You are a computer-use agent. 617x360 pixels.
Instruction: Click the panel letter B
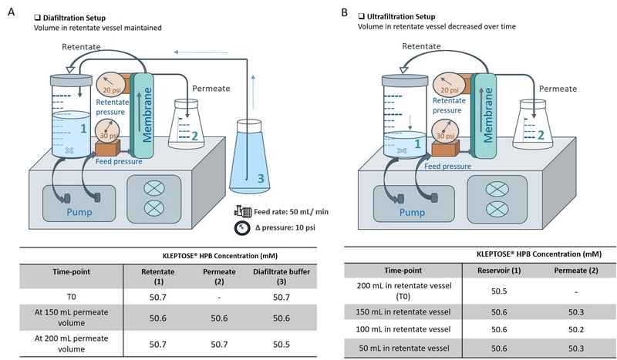point(343,12)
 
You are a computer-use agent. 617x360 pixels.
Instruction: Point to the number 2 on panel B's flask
point(542,136)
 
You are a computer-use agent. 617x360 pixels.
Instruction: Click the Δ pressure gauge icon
point(239,228)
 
